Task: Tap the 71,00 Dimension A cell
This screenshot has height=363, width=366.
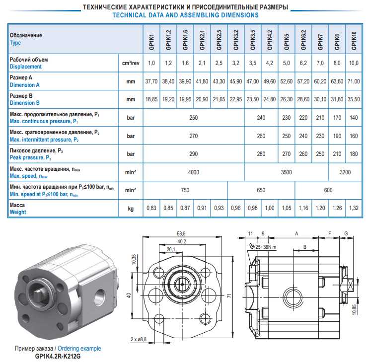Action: pos(354,81)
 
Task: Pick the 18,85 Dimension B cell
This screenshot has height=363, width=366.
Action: pos(151,99)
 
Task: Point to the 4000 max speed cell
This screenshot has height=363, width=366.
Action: pos(194,172)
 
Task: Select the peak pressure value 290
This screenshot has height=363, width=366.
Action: pos(194,154)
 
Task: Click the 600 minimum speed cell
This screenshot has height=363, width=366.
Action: pos(328,191)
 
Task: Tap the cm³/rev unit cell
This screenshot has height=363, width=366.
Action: pos(131,63)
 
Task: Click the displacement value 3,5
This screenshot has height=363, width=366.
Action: pos(253,63)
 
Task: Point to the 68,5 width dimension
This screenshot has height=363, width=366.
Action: pos(181,233)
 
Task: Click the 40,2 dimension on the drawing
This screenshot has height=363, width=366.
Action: pos(181,241)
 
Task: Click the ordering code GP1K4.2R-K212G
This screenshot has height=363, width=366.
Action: pos(58,356)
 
